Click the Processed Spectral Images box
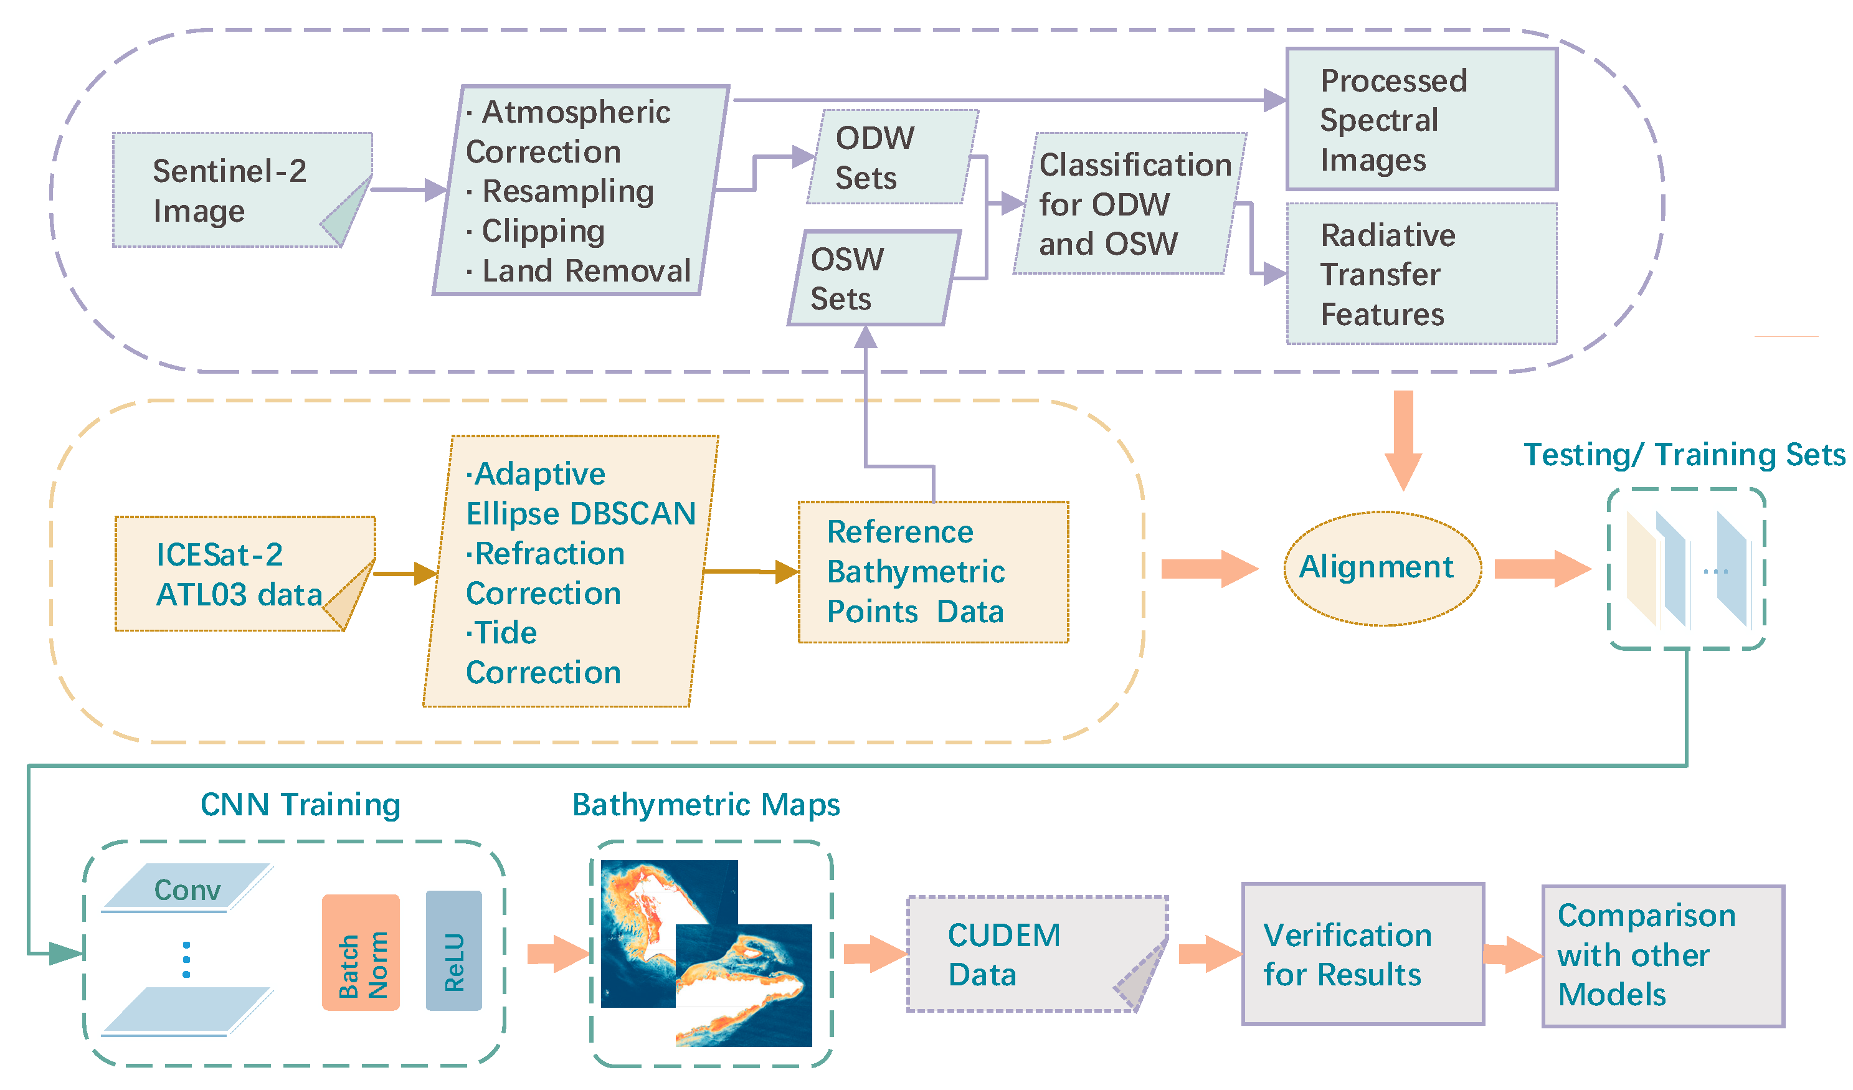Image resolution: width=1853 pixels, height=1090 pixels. pyautogui.click(x=1421, y=119)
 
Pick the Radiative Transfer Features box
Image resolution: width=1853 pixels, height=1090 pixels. pyautogui.click(x=1421, y=273)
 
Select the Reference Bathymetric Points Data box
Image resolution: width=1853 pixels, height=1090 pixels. pyautogui.click(x=932, y=572)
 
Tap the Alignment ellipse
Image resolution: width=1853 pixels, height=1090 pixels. pyautogui.click(x=1381, y=568)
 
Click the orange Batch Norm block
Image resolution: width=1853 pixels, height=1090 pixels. pyautogui.click(x=360, y=952)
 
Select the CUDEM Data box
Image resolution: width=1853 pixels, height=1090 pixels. pyautogui.click(x=1030, y=954)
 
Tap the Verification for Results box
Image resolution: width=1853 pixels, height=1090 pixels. pyautogui.click(x=1362, y=954)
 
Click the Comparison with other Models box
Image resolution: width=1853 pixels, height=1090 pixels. pyautogui.click(x=1662, y=955)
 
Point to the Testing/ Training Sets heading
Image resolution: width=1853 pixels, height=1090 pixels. pyautogui.click(x=1684, y=455)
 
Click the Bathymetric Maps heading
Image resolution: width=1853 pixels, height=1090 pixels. pyautogui.click(x=706, y=805)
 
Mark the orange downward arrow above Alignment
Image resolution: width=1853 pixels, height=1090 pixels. pyautogui.click(x=1402, y=439)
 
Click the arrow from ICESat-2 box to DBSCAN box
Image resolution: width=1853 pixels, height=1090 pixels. pyautogui.click(x=405, y=573)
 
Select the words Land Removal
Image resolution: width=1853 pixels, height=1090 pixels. pyautogui.click(x=585, y=271)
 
